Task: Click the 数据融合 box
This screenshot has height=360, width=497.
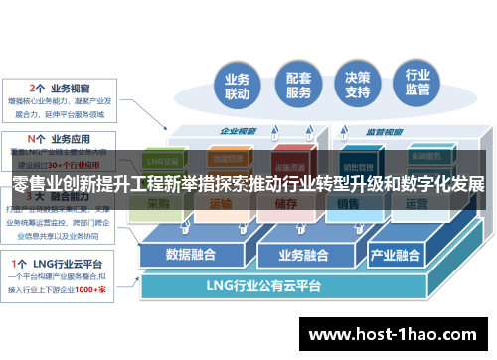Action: (193, 253)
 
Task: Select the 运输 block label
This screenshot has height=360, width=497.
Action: (221, 203)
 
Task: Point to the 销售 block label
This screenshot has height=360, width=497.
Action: (347, 203)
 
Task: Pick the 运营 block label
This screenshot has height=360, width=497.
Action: (416, 203)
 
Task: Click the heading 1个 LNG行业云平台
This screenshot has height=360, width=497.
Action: (60, 261)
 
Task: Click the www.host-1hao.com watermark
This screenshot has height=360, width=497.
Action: (396, 335)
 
